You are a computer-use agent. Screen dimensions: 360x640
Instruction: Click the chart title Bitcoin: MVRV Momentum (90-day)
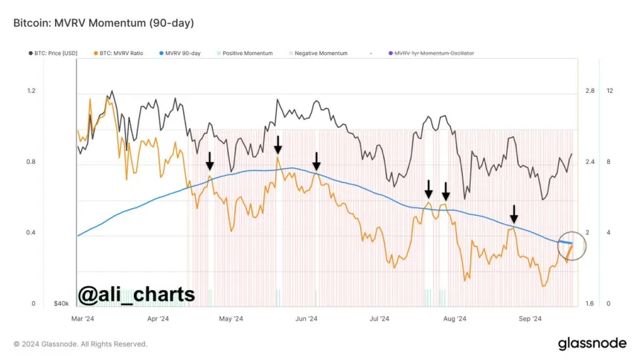103,23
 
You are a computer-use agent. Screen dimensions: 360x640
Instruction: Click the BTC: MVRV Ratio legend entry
127,54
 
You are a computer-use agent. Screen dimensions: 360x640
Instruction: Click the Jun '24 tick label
307,319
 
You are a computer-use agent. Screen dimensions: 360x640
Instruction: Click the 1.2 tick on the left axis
31,91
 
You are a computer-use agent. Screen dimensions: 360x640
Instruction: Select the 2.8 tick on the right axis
589,91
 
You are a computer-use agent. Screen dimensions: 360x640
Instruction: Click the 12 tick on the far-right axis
609,91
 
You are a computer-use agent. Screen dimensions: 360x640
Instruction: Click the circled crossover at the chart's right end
570,245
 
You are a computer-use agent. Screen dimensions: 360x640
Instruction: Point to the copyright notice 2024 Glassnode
80,344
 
